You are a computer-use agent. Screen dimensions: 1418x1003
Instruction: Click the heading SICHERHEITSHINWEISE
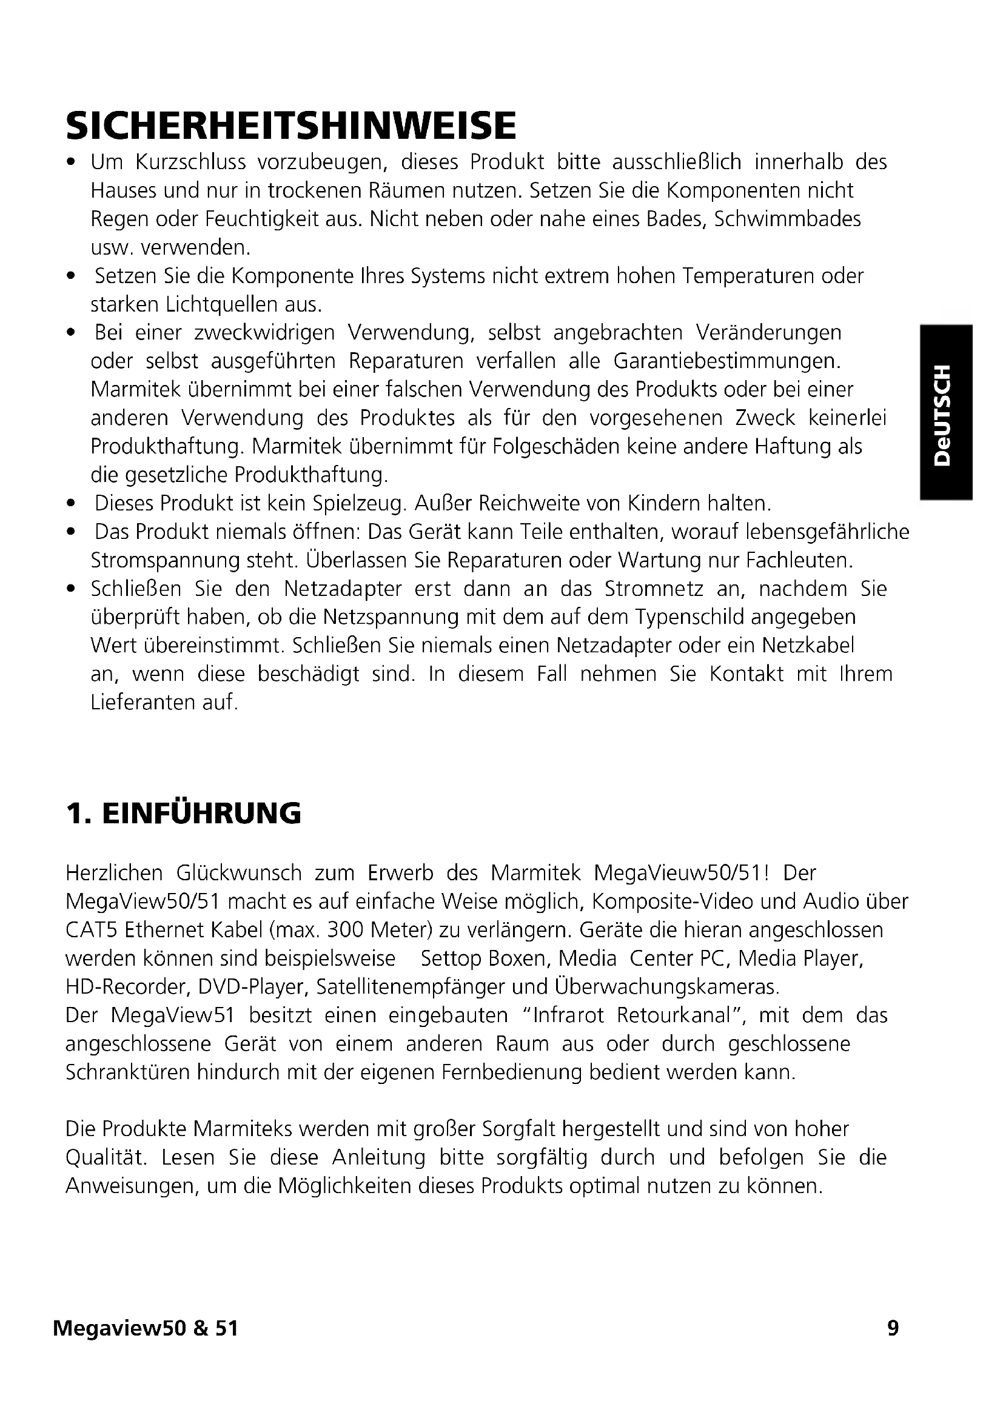point(290,125)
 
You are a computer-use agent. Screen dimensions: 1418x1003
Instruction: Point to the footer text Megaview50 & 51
point(146,1328)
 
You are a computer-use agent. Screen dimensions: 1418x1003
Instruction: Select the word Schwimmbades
point(788,219)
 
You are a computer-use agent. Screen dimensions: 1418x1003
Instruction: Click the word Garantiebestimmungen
point(727,361)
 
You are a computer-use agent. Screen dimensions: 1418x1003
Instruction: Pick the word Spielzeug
point(359,504)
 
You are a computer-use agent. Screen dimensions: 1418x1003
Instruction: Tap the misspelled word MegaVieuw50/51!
point(682,873)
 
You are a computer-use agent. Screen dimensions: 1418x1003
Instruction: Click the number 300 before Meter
point(349,930)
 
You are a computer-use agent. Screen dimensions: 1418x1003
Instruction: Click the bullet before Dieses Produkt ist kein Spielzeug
point(72,504)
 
